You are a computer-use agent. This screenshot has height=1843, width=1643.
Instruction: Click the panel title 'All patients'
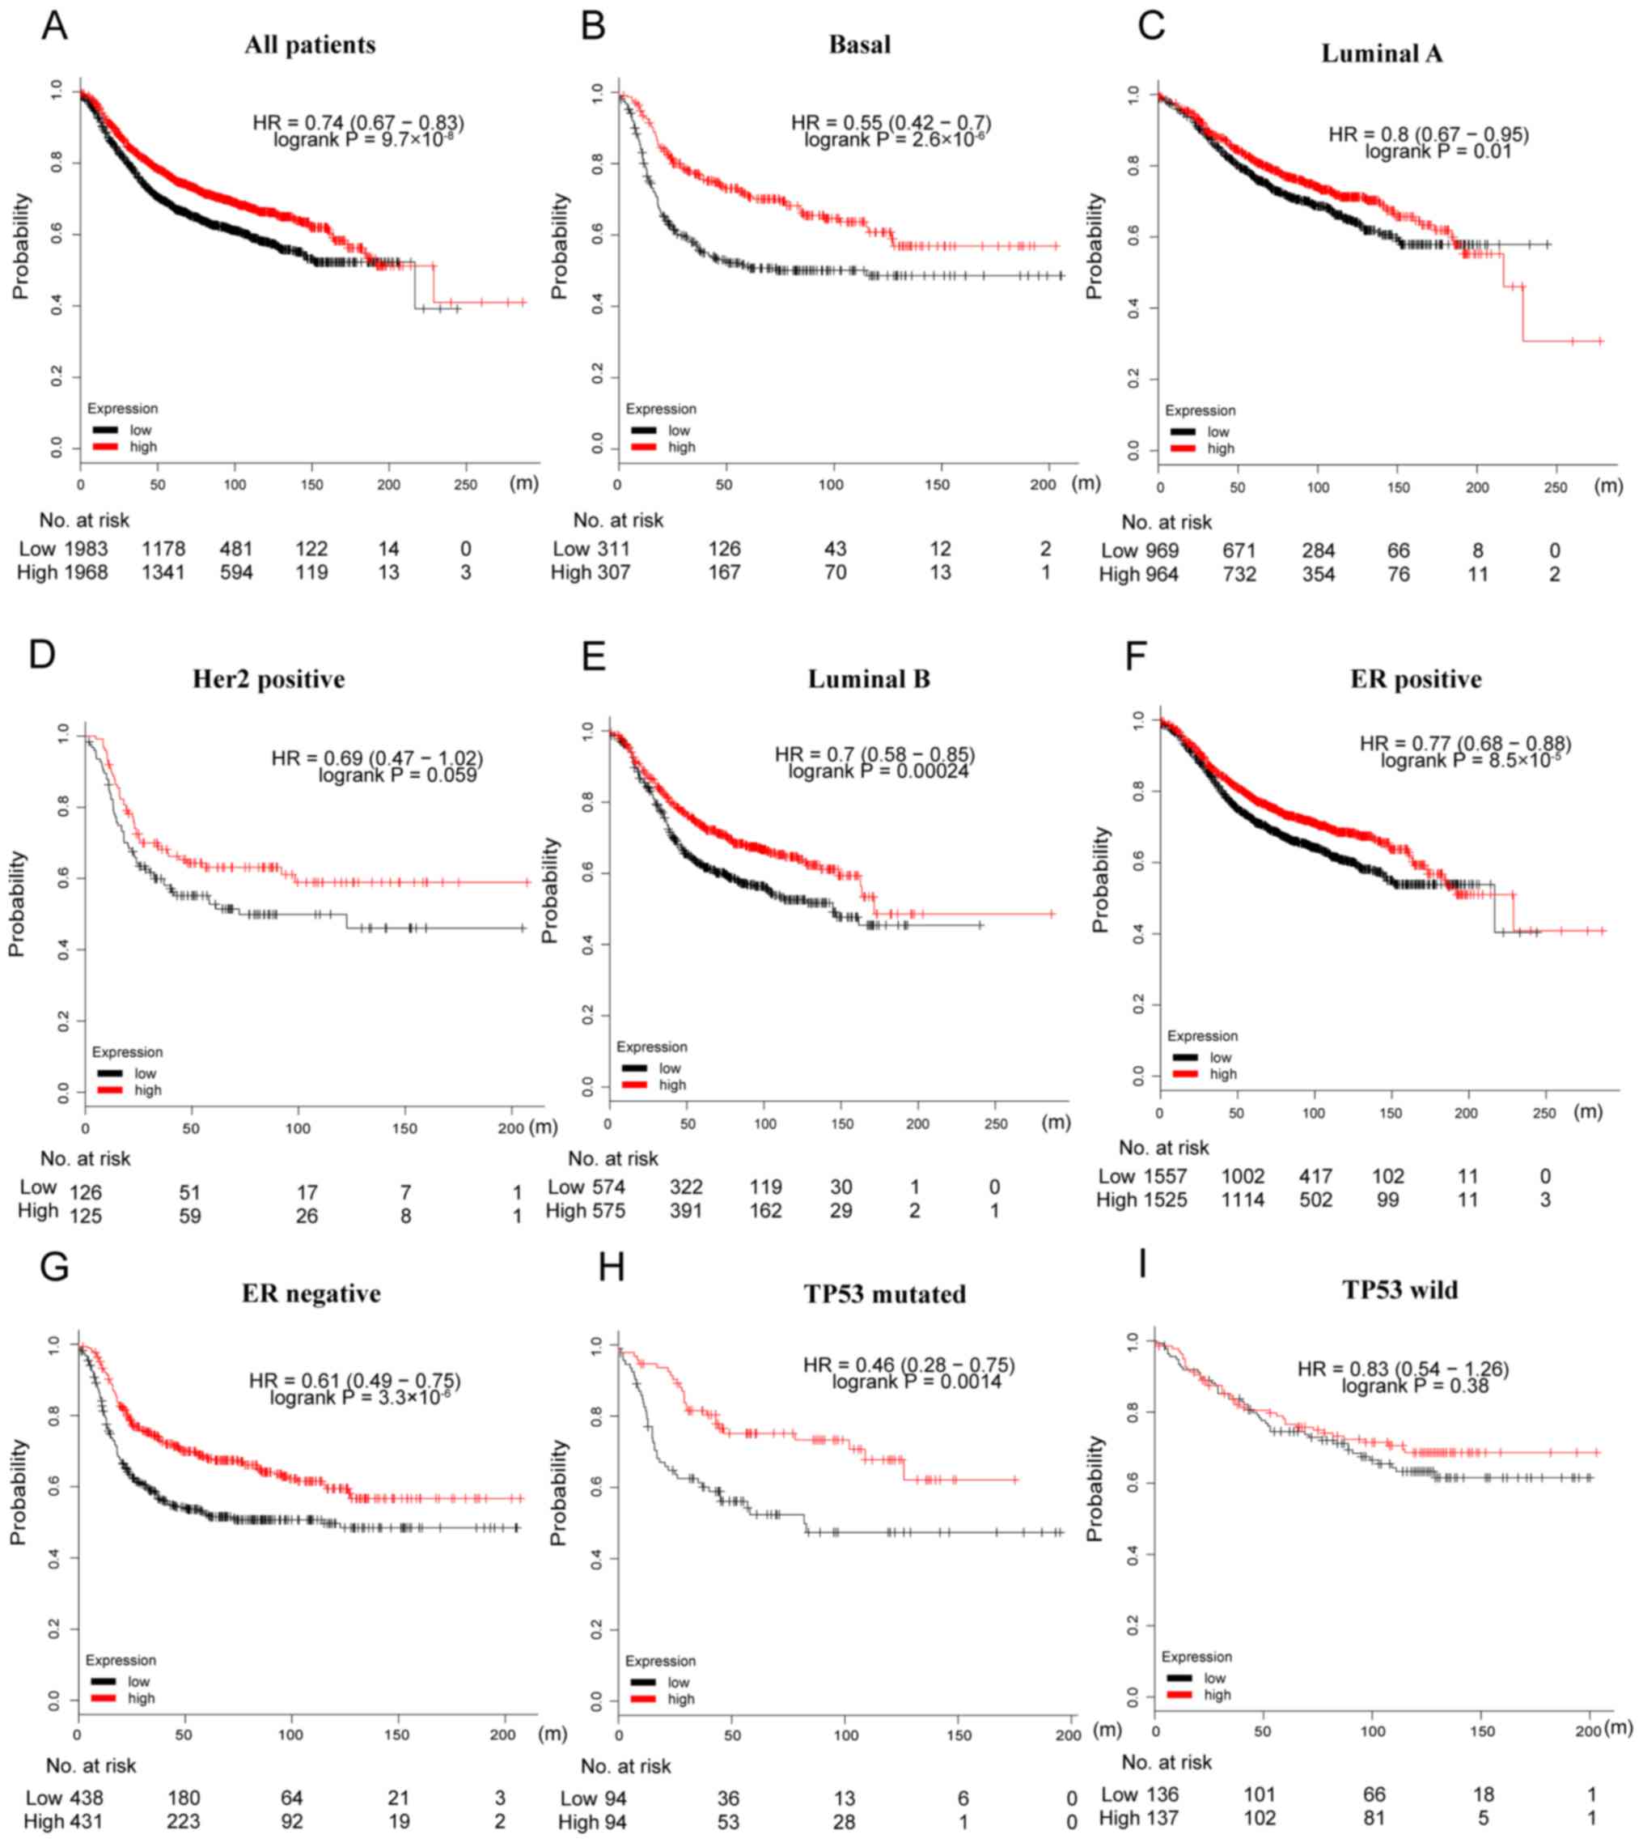[310, 45]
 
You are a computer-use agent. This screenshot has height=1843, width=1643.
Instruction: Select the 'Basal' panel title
[859, 45]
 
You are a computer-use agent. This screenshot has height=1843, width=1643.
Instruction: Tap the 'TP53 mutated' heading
[885, 1294]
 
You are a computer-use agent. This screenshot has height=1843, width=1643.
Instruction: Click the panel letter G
[54, 1267]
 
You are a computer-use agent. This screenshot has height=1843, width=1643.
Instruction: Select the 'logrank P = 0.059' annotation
[397, 775]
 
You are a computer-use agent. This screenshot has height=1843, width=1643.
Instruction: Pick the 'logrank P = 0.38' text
[1415, 1386]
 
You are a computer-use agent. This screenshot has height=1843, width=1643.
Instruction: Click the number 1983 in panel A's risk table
[86, 549]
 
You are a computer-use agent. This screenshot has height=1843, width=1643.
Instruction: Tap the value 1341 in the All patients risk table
[163, 572]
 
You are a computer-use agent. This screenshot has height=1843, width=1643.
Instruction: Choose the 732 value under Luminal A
[1239, 575]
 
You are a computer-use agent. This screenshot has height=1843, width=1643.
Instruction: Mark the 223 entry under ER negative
[184, 1821]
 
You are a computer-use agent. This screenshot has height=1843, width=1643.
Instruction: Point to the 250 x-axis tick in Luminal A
[1556, 487]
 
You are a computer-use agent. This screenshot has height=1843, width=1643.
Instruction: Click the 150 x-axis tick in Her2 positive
[404, 1127]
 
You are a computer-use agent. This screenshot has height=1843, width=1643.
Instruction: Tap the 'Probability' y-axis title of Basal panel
[560, 245]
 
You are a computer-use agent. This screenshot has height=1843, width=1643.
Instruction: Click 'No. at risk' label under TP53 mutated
[625, 1765]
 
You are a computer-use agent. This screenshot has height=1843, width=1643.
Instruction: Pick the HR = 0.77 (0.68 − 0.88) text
[1465, 743]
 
